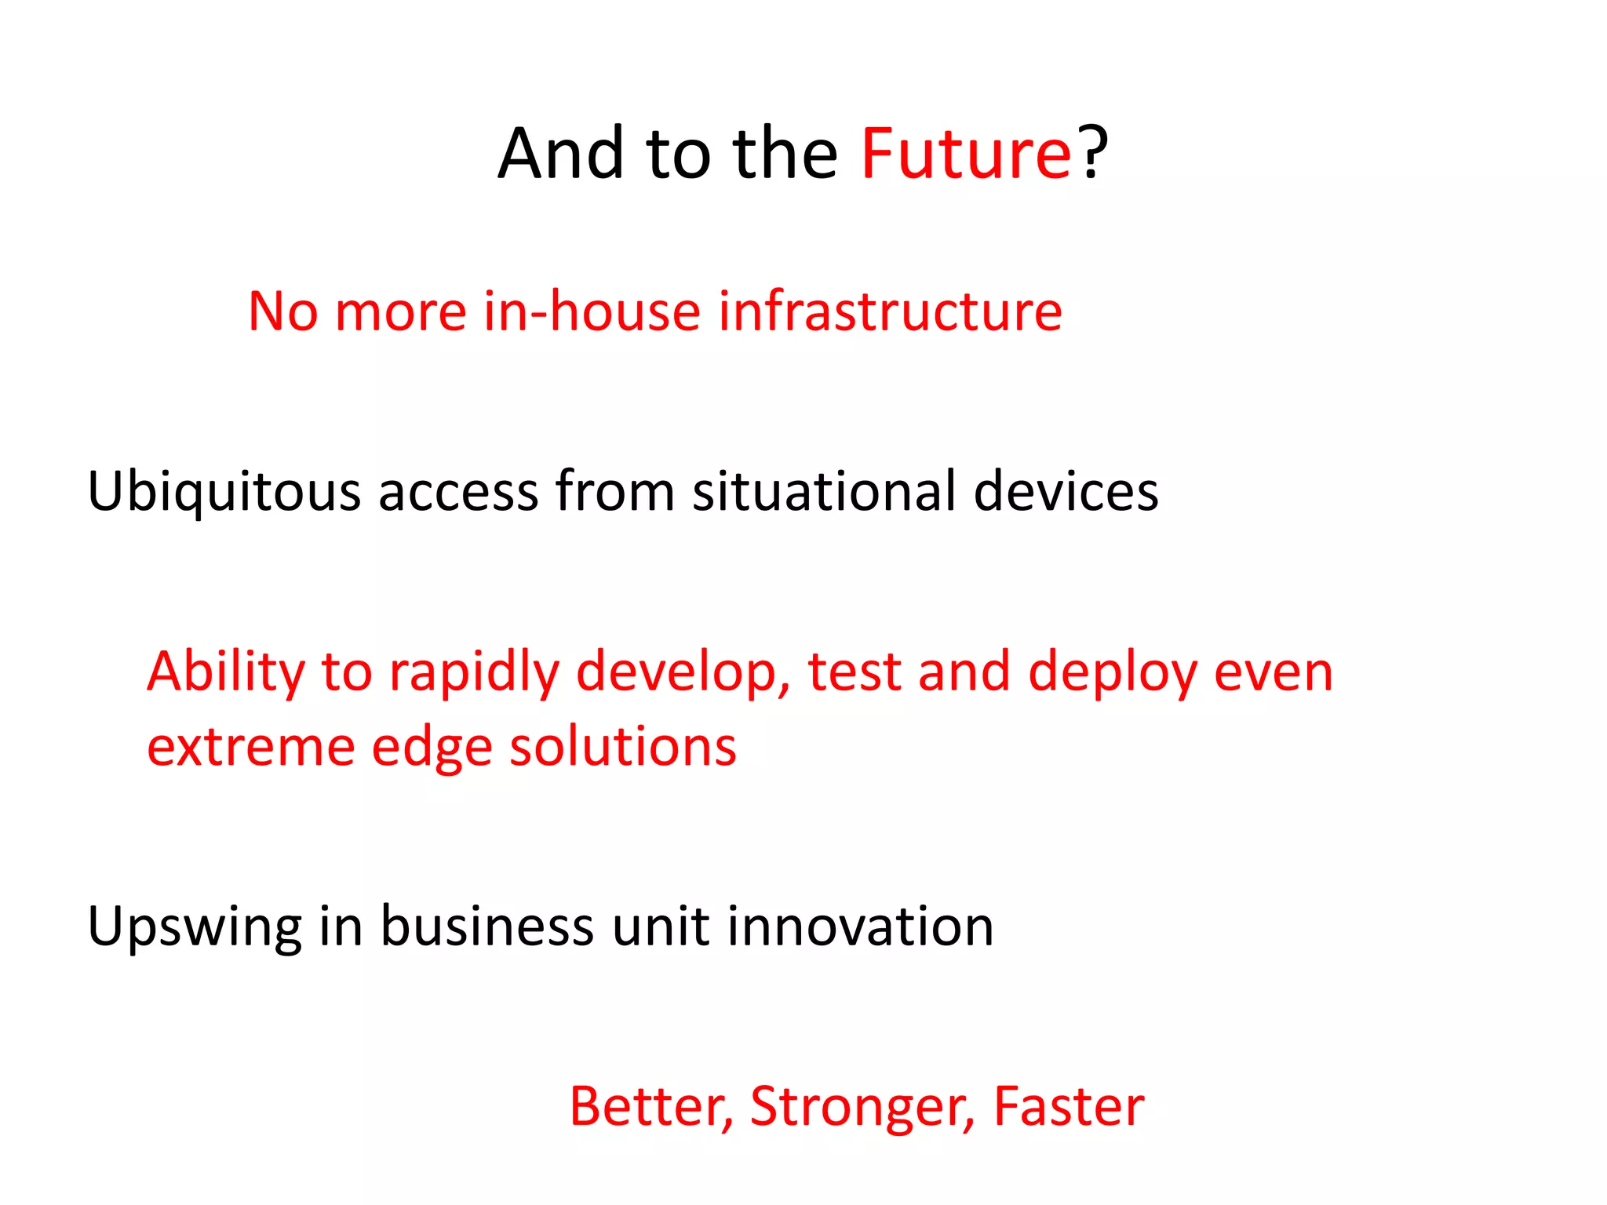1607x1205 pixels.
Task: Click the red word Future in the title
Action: click(966, 154)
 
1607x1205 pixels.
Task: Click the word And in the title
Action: click(560, 154)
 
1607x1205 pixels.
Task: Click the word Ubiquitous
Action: click(224, 493)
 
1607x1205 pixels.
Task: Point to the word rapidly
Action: click(474, 673)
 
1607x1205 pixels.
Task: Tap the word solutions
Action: click(623, 746)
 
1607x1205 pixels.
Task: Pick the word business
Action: click(487, 927)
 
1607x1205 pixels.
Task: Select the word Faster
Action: click(1069, 1107)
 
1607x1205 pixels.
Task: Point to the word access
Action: click(458, 493)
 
